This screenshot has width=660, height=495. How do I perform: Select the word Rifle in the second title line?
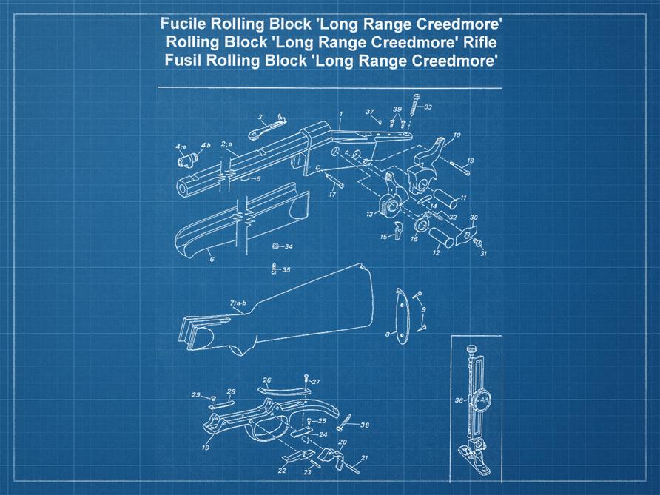(x=480, y=42)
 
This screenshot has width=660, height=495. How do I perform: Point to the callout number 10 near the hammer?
(x=457, y=135)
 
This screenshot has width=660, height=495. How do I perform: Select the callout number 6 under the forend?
(x=211, y=260)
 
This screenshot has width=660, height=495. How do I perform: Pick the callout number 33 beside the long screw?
(x=428, y=108)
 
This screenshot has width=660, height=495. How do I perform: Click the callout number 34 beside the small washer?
(x=288, y=246)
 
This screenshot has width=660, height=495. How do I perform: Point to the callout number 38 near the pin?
(x=364, y=425)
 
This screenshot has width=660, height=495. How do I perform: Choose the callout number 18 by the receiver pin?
(x=470, y=161)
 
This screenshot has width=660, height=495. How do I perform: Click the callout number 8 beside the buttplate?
(x=387, y=334)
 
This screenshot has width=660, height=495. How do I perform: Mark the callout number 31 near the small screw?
(x=483, y=253)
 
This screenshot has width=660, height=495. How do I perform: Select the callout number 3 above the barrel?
(x=260, y=117)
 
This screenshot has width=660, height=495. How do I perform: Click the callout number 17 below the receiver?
(x=332, y=195)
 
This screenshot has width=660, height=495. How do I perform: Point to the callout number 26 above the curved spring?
(x=267, y=380)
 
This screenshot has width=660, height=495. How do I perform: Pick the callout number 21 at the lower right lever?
(x=363, y=458)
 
